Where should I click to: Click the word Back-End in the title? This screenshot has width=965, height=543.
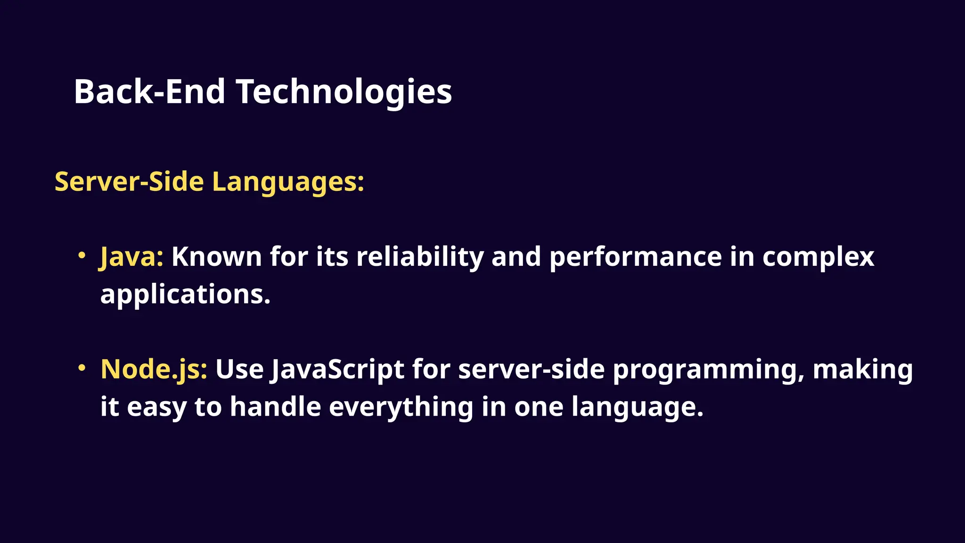coord(149,91)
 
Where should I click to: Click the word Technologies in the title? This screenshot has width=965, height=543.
coord(344,92)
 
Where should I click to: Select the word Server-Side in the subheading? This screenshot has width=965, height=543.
coord(129,181)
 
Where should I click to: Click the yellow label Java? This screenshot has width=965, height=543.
coord(131,257)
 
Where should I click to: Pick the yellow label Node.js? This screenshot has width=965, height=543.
coord(154,369)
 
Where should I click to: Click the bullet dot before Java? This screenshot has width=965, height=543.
coord(82,255)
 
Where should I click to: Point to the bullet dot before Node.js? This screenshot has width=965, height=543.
coord(82,367)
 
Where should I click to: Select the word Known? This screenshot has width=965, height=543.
coord(216,257)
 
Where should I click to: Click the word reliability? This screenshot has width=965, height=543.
coord(420,257)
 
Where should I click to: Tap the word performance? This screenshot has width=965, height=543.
coord(636,257)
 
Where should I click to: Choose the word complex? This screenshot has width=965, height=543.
coord(818,257)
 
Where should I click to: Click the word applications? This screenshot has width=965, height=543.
coord(185,295)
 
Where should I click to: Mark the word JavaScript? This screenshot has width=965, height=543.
coord(336,369)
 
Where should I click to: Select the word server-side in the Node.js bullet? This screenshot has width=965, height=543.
coord(531,369)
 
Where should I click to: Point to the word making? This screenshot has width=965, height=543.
coord(863,369)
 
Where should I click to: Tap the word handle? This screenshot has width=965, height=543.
coord(275,406)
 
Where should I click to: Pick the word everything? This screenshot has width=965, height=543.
coord(401,407)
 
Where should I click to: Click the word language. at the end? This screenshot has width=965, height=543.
coord(637,407)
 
